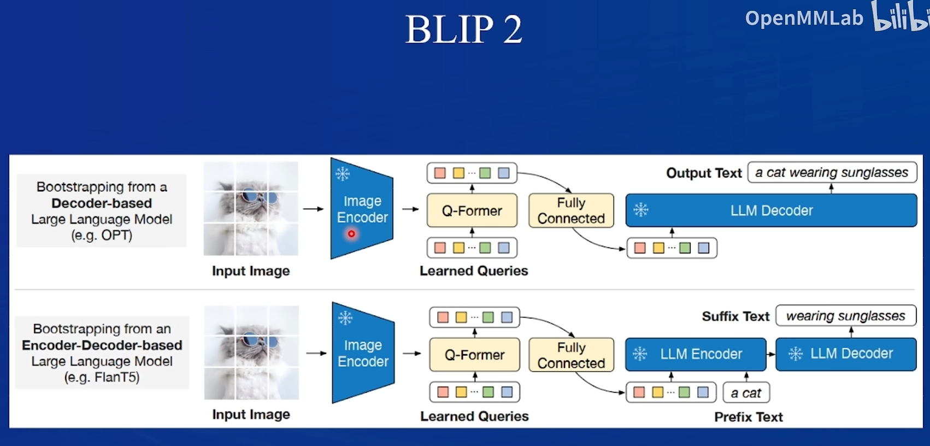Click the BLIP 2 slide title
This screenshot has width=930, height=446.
coord(463,29)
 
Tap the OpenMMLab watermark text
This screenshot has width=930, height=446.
coord(804,19)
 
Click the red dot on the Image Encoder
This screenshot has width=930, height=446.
coord(351,234)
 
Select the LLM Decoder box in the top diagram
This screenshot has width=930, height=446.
coord(771,210)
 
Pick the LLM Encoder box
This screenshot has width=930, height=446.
coord(696,354)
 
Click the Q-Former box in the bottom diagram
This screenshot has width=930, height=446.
coord(474,355)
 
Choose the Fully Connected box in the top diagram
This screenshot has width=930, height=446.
coord(571,210)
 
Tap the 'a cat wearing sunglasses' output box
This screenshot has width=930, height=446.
coord(831,173)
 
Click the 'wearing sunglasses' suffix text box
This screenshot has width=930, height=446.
coord(845,316)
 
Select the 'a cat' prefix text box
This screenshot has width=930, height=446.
coord(746,393)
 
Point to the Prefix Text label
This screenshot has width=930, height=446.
coord(748,417)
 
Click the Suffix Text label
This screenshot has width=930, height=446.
coord(735,316)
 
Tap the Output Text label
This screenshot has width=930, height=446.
coord(703,173)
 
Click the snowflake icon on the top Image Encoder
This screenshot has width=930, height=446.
coord(343,174)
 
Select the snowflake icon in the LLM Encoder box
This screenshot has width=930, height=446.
coord(639,354)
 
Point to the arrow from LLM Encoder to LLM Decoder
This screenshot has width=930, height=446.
coord(770,354)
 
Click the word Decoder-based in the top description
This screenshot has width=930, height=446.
coord(102,203)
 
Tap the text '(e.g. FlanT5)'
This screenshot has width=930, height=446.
coord(102,377)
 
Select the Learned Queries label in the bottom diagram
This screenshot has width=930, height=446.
coord(474,416)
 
